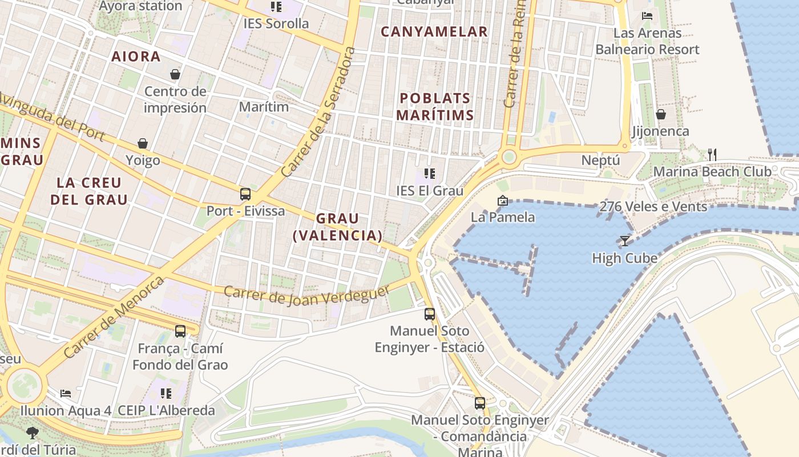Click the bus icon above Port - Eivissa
[245, 194]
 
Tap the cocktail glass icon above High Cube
[625, 240]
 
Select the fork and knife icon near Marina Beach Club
[712, 154]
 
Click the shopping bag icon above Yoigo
[143, 143]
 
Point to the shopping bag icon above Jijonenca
[660, 114]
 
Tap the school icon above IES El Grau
[430, 174]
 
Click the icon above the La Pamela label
[502, 201]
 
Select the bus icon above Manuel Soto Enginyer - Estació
[430, 314]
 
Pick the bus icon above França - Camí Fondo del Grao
[180, 331]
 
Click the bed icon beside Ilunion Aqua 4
[66, 394]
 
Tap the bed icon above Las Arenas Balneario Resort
[647, 16]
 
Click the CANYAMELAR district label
[434, 32]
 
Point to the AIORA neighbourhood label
[136, 57]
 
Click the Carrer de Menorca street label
[114, 317]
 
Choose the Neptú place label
[600, 161]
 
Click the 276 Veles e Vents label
[653, 206]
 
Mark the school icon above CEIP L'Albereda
[166, 393]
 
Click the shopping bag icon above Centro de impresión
[175, 74]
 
